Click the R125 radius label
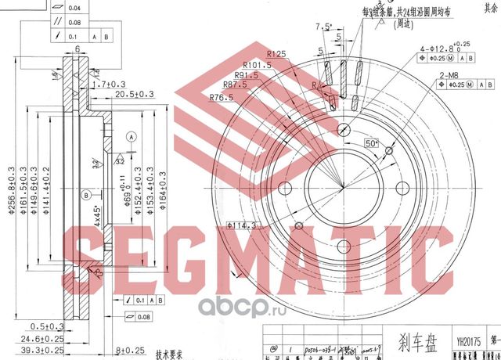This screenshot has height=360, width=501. (275, 53)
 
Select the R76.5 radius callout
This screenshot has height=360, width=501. (223, 97)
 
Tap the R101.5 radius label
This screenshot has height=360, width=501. (257, 64)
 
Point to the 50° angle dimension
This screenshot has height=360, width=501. (369, 145)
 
